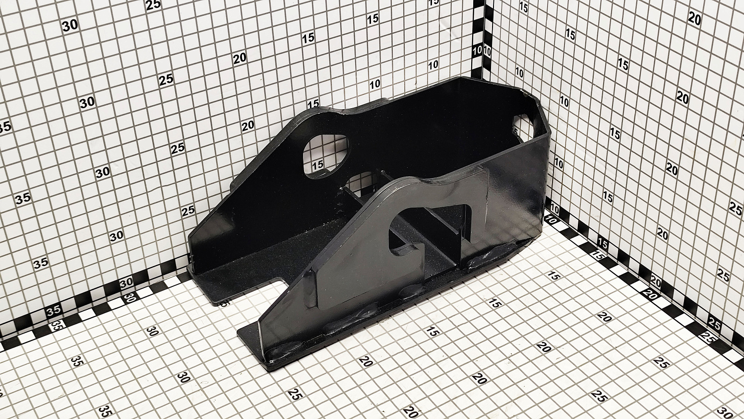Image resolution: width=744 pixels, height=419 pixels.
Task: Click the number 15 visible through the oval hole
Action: point(318,164)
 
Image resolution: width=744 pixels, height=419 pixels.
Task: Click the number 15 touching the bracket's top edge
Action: point(313,104)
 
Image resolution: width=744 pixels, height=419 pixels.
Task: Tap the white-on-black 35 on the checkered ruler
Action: point(54,311)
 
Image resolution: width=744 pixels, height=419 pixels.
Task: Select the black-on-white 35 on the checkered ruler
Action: point(56,325)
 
